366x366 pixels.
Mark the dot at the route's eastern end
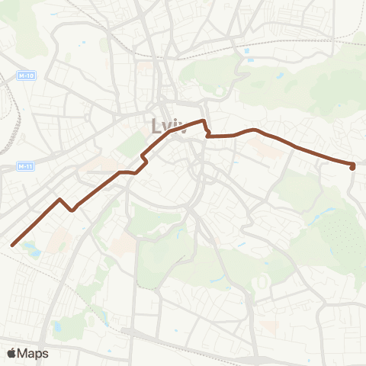352,167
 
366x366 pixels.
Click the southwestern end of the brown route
13,245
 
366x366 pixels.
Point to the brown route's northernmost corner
203,120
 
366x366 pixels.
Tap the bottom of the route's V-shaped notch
72,210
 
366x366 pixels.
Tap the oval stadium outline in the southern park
262,281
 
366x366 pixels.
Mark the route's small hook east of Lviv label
207,134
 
